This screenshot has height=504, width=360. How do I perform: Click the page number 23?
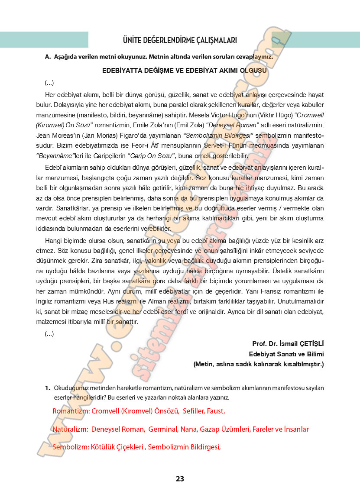click(x=180, y=478)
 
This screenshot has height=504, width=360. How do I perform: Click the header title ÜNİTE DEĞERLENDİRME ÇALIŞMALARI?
click(x=180, y=40)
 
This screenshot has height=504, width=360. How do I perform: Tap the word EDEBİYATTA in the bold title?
click(x=123, y=70)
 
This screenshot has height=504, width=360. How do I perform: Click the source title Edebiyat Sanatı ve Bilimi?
click(x=286, y=354)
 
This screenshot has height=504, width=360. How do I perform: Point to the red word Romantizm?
click(x=71, y=411)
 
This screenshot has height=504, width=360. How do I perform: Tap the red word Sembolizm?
click(x=70, y=447)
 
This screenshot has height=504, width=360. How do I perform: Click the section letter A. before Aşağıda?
click(x=48, y=57)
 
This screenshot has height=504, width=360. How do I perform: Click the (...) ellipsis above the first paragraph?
click(x=49, y=83)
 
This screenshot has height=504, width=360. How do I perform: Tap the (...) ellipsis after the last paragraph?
click(x=49, y=333)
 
